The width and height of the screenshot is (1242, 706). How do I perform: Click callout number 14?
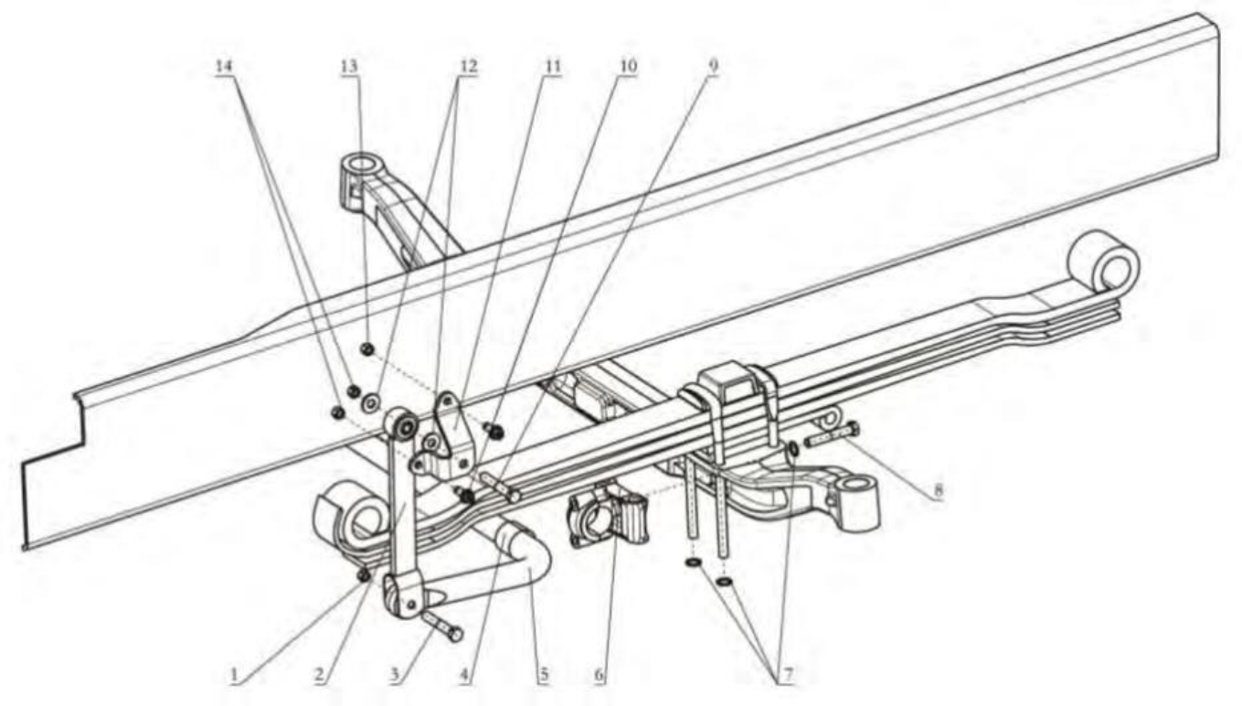[x=225, y=68]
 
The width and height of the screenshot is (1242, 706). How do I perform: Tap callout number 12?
[x=468, y=68]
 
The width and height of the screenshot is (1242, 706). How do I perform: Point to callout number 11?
[x=552, y=68]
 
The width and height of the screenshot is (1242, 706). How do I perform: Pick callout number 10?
[x=627, y=68]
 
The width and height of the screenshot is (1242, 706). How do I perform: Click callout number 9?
[x=713, y=68]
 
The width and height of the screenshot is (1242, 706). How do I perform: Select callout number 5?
[x=543, y=678]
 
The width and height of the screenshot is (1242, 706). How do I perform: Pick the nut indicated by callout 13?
[x=366, y=349]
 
